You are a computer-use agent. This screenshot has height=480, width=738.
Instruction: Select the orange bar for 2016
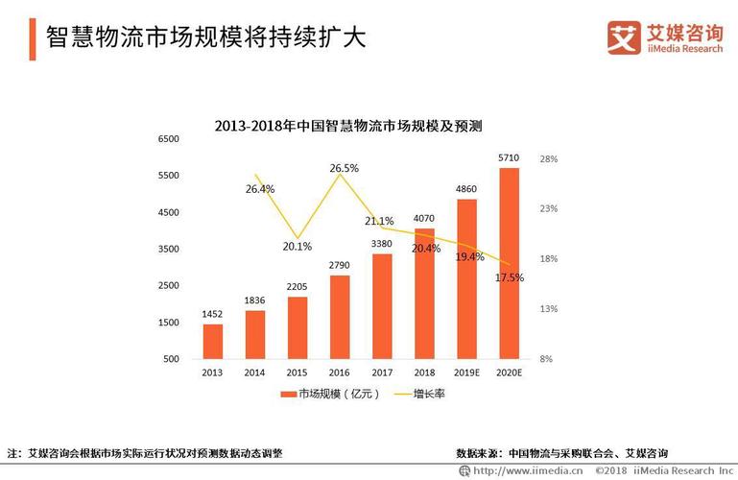[x=340, y=317]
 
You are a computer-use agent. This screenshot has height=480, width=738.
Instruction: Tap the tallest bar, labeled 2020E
[x=509, y=264]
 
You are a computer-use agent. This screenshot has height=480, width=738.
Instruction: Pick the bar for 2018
[x=424, y=293]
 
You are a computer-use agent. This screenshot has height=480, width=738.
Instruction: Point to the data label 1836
[x=254, y=300]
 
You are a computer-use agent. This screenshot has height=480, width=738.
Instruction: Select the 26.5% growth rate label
[x=344, y=168]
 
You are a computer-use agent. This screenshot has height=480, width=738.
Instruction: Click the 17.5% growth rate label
[x=509, y=277]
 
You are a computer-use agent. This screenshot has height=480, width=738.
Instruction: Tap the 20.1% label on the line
[x=298, y=246]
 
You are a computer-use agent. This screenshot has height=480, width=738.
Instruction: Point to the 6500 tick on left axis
[x=168, y=139]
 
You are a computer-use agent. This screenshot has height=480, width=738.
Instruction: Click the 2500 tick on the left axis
[x=168, y=286]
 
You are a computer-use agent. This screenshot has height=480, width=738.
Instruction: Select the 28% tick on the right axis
[x=547, y=158]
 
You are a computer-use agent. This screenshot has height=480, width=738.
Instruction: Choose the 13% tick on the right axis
[x=547, y=309]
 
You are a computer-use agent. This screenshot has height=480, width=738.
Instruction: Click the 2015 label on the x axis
[x=298, y=372]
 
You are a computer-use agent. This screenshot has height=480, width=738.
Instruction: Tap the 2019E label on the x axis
[x=466, y=372]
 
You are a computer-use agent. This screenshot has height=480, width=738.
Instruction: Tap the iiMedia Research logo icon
[x=624, y=36]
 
